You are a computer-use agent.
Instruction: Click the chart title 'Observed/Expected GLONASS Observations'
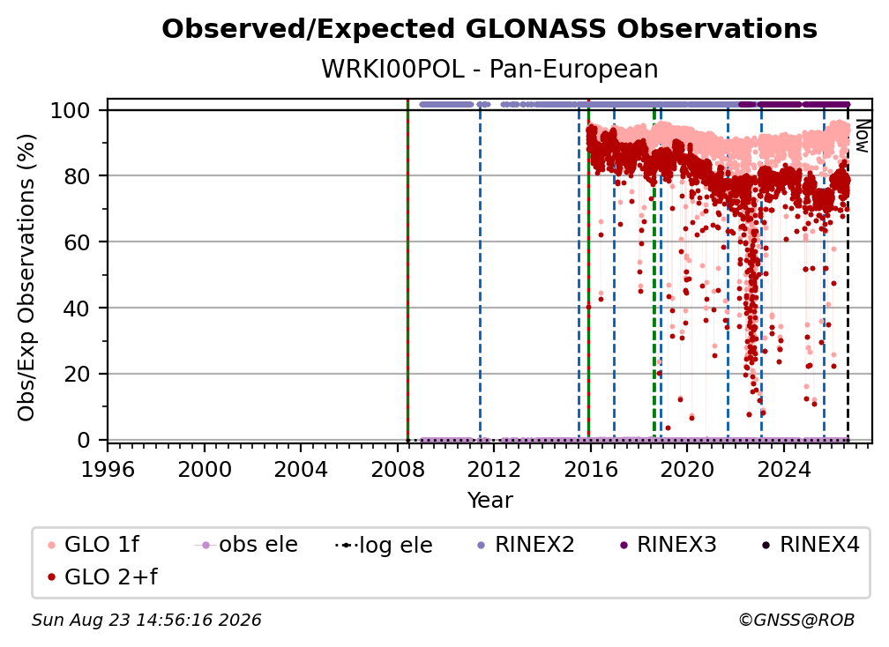[489, 29]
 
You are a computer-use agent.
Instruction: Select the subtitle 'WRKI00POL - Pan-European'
[489, 69]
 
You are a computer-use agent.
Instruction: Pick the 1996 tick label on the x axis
[108, 470]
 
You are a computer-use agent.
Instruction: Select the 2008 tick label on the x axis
[398, 470]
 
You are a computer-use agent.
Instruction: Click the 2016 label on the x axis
[590, 470]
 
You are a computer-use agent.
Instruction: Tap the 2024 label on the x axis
[783, 470]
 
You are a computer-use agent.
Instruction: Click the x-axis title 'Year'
[489, 501]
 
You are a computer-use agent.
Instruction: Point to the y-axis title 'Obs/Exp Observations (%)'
[26, 277]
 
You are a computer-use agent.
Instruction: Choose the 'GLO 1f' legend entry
[93, 545]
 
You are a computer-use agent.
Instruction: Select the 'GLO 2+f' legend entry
[102, 576]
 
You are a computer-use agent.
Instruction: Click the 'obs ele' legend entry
[246, 545]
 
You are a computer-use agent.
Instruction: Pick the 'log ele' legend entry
[384, 545]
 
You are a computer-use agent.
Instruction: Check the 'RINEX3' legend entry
[668, 545]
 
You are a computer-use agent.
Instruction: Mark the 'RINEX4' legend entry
[811, 545]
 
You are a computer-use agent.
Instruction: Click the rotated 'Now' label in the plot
[861, 136]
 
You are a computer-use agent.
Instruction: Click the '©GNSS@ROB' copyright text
[796, 621]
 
